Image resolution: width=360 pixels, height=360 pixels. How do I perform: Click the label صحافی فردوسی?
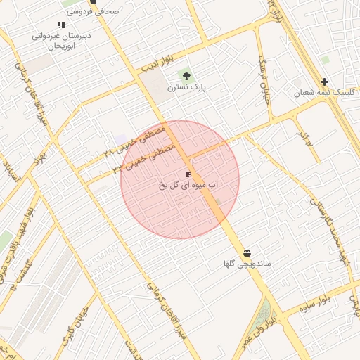tap(93, 12)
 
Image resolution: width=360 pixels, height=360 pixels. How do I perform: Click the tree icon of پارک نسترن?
tap(186, 76)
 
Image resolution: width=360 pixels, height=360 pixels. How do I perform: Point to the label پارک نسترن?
tap(185, 89)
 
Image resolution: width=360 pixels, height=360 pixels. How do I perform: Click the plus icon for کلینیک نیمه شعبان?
tap(324, 82)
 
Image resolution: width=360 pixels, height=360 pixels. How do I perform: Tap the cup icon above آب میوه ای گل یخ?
tap(188, 173)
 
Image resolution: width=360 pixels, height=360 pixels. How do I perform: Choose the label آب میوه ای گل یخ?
tap(187, 185)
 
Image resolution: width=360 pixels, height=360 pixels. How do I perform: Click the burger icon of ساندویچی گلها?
tap(247, 253)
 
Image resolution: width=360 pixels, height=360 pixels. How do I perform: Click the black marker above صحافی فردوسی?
tap(93, 2)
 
